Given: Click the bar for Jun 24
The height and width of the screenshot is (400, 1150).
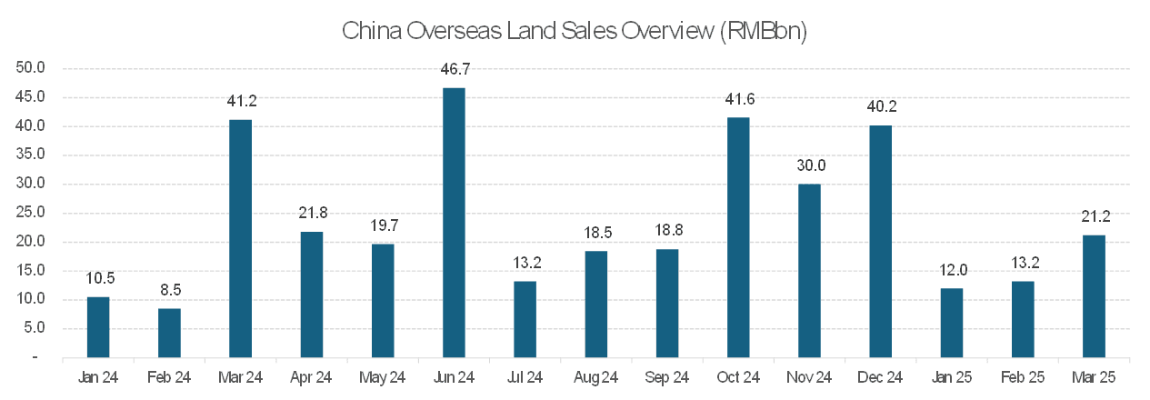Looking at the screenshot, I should tap(454, 223).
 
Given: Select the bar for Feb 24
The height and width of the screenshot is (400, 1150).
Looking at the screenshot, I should tap(169, 333).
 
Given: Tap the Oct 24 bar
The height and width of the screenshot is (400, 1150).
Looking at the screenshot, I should tap(738, 237).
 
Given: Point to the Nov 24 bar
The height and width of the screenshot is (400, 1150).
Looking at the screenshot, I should tap(809, 271).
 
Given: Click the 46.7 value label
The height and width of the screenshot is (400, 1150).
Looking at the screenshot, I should tap(454, 69).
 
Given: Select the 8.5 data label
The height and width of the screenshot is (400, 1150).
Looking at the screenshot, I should tap(169, 291).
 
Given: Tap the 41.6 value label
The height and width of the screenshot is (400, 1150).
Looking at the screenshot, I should tap(738, 99).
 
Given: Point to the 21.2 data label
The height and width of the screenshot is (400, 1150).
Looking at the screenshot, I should tap(1095, 216).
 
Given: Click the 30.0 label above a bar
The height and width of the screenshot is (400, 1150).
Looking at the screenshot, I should tap(809, 165).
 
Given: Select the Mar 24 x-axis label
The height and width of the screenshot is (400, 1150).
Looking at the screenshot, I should tap(240, 376).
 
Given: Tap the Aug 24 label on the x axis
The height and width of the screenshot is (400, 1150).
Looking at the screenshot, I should tap(595, 376).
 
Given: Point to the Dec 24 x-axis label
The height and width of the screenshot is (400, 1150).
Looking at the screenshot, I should tap(880, 376).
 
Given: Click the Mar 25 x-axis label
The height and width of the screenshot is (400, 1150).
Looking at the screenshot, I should tap(1095, 376).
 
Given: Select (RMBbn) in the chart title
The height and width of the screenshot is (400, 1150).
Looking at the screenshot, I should tap(763, 31).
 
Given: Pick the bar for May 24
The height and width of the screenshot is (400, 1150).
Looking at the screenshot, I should tap(383, 301).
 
